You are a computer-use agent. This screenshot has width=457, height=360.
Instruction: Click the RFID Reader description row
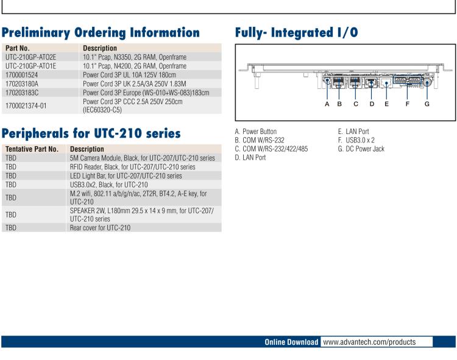coord(132,166)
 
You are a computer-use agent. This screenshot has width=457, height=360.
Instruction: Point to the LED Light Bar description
coord(126,175)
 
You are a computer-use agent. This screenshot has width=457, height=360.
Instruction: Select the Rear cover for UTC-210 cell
coord(100,228)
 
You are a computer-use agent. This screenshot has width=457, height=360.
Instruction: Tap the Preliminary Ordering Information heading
coord(101,32)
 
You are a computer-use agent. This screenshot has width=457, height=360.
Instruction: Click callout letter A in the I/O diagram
coord(327,104)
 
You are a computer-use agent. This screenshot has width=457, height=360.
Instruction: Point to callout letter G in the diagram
coord(427,104)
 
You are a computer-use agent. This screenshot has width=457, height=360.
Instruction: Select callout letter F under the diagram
coord(407,104)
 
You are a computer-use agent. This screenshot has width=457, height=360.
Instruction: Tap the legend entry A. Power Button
coord(255,132)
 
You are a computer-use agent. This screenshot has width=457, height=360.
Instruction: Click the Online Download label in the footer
coord(291,342)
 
